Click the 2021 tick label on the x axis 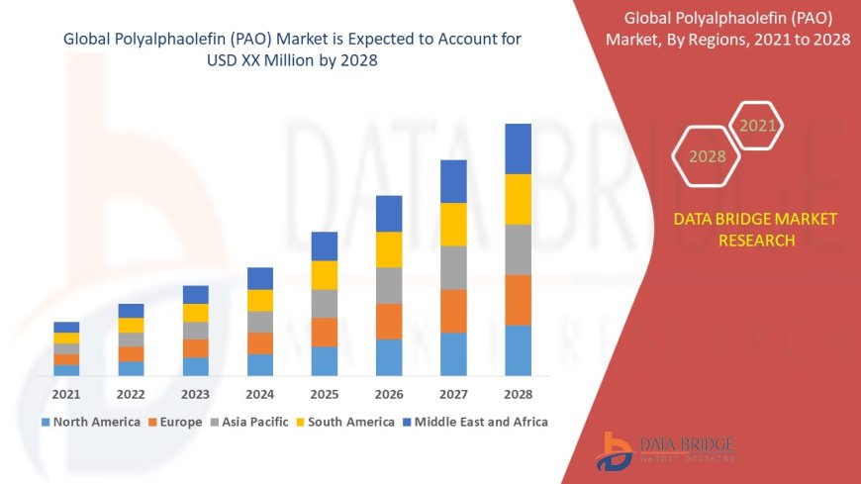66,394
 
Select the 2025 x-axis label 325,394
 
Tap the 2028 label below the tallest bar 519,394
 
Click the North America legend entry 90,422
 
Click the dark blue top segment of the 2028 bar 519,148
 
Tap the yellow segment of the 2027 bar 453,224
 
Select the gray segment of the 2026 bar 389,285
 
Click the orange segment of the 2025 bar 325,332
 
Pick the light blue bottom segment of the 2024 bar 260,364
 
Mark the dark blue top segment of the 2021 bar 66,327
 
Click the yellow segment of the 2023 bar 196,313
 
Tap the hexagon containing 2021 758,126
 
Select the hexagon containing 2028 707,156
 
